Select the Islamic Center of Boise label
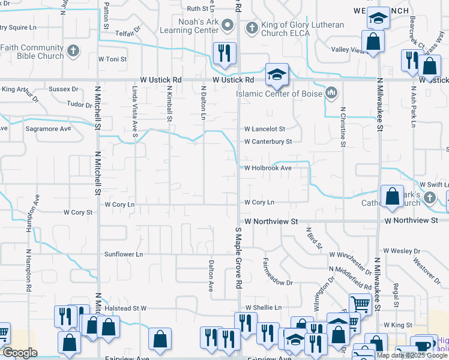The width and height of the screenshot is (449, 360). tap(280, 94)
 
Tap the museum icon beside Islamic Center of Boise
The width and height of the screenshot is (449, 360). tap(331, 93)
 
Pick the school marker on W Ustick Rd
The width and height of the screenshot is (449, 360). tap(276, 75)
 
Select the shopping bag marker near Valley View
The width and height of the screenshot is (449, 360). tap(373, 42)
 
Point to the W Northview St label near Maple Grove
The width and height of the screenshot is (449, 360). tap(271, 221)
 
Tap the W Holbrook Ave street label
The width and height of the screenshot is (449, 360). tap(267, 168)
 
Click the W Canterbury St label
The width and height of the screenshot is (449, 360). tap(268, 142)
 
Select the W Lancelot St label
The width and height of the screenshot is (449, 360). tap(264, 129)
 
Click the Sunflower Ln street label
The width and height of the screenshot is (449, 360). tap(122, 254)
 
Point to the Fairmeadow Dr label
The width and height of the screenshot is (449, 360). tap(277, 271)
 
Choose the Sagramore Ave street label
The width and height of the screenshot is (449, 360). tap(48, 128)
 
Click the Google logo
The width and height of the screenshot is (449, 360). tap(20, 353)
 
